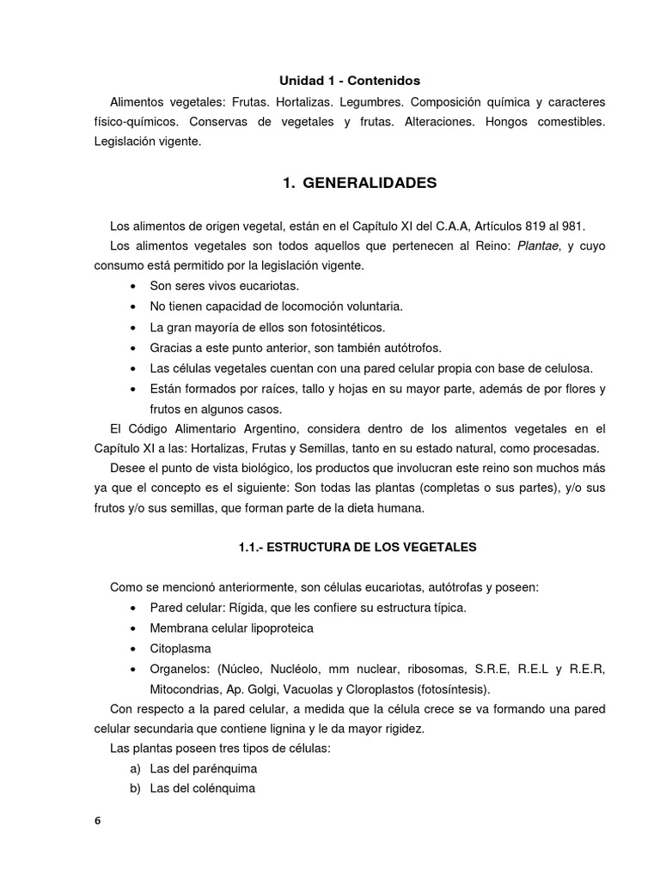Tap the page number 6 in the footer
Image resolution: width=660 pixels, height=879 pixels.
point(97,821)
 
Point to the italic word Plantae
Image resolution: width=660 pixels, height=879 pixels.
point(512,246)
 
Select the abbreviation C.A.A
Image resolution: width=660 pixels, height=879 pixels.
point(403,226)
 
